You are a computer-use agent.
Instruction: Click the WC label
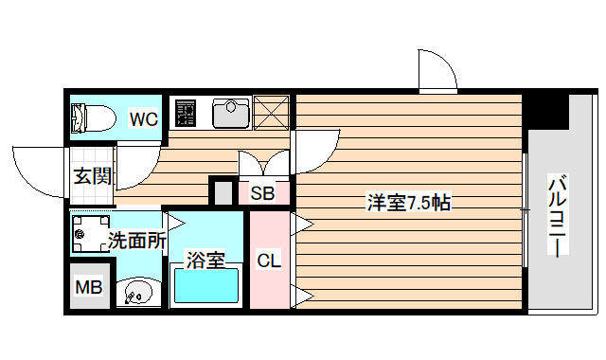[x=144, y=118]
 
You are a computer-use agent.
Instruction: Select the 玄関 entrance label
[x=93, y=176]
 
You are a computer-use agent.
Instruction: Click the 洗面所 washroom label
[x=136, y=240]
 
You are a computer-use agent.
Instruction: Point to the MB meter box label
[x=90, y=287]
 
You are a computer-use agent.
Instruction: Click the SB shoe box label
[x=262, y=194]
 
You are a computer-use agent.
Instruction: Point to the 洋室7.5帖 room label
[x=408, y=202]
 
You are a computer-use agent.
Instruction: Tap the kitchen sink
[x=230, y=114]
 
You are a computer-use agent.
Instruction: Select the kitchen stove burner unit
[x=185, y=114]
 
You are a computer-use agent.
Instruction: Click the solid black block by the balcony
[x=547, y=113]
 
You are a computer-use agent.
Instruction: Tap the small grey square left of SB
[x=223, y=192]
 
